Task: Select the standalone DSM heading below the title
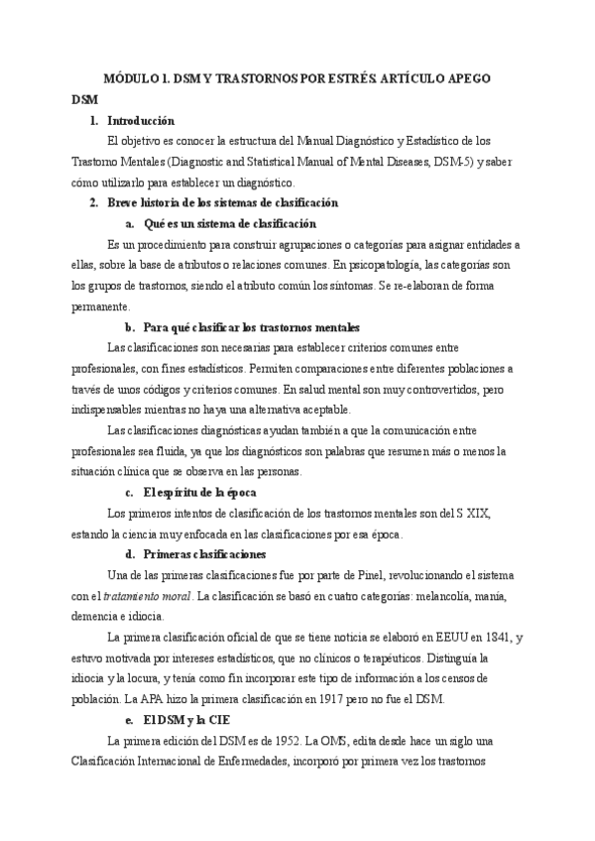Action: pos(84,100)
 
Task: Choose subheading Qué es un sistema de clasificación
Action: pos(229,223)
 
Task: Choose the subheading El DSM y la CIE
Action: pos(191,720)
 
